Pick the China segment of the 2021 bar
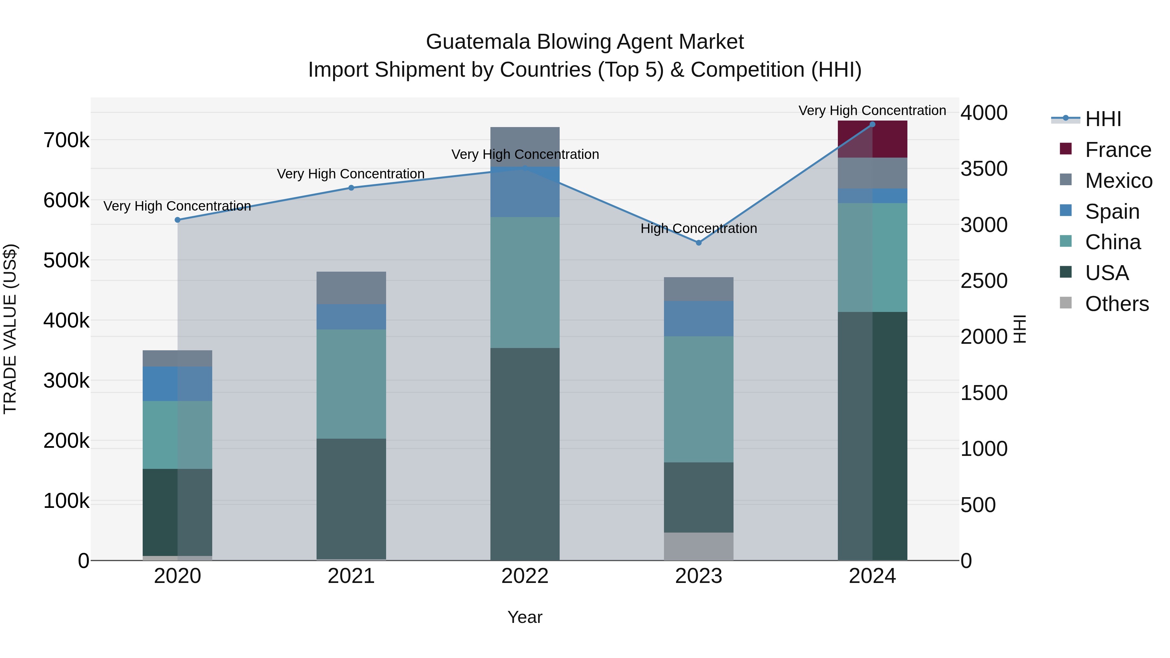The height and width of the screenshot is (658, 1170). coord(351,384)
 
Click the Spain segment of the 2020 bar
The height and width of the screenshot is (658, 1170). coord(177,383)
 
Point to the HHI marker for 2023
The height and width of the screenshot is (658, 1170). coord(698,243)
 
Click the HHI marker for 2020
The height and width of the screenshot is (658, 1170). coord(177,220)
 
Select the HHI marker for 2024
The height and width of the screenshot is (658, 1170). coord(872,124)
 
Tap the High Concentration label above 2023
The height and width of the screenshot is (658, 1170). coord(698,228)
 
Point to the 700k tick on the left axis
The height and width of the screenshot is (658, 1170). coord(66,140)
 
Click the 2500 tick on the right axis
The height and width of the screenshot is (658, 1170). coord(984,281)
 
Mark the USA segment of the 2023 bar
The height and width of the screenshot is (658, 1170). coord(698,497)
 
